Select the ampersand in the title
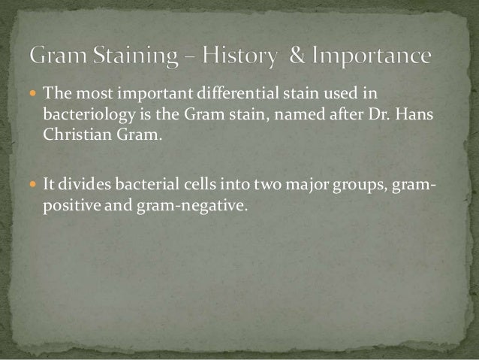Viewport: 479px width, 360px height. (300, 56)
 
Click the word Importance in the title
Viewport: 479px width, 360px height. (372, 57)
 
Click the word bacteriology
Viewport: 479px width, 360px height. (83, 114)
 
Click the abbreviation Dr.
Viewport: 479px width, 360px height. (381, 114)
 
